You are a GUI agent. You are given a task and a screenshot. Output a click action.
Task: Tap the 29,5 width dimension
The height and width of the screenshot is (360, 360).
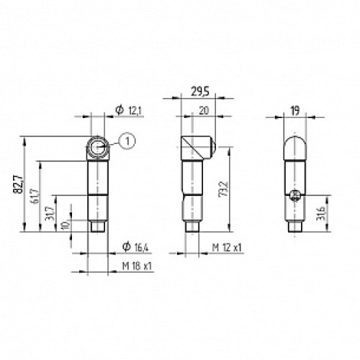pyautogui.click(x=198, y=91)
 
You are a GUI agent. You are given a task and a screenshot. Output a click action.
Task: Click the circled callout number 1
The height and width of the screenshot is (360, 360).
pyautogui.click(x=126, y=143)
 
